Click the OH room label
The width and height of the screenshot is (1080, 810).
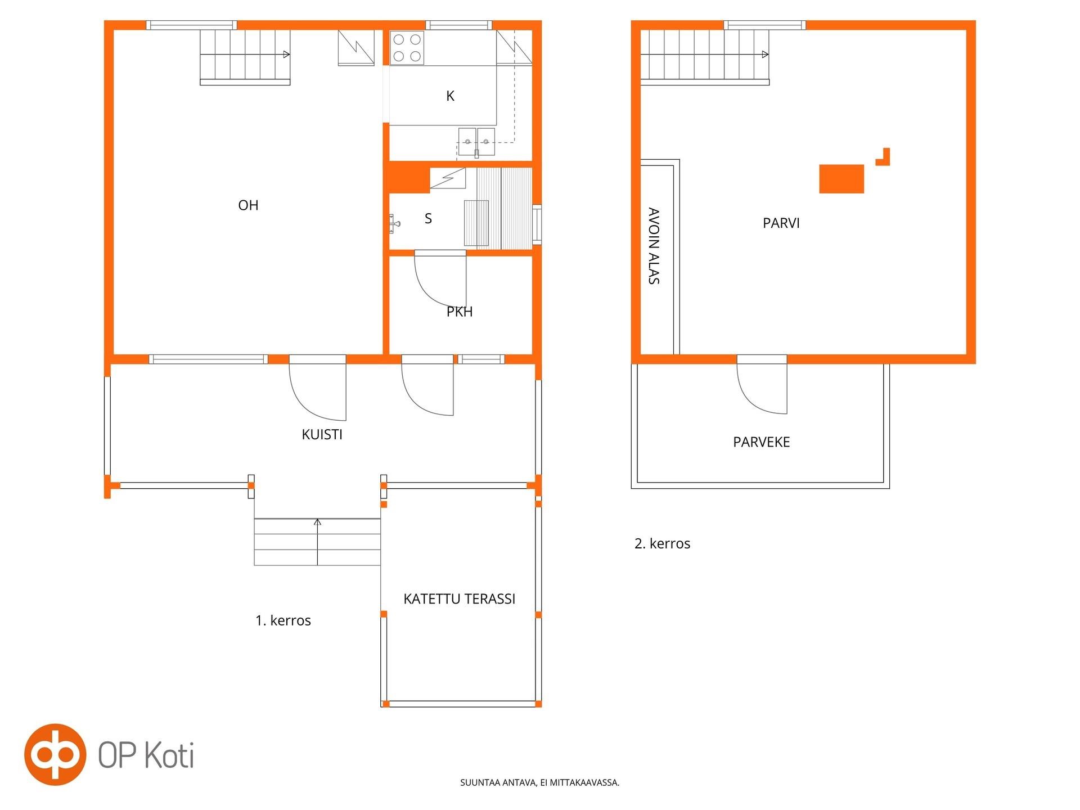(248, 205)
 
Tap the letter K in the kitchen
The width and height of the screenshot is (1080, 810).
(450, 96)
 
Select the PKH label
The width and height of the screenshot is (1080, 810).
(460, 312)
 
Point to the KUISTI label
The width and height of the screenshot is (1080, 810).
(322, 434)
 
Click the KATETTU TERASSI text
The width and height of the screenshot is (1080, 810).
(459, 599)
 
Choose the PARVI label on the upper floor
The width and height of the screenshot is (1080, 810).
(781, 223)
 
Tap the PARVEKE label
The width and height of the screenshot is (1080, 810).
(761, 442)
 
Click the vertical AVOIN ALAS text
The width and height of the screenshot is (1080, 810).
(654, 246)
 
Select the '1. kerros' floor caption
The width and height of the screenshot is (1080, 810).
(283, 620)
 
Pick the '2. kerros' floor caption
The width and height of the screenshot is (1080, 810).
(662, 543)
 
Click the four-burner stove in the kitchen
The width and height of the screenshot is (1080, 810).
(407, 48)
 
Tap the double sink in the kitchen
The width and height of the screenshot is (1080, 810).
(476, 141)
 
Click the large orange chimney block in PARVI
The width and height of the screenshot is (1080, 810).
(841, 179)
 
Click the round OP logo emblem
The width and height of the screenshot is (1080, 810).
(55, 754)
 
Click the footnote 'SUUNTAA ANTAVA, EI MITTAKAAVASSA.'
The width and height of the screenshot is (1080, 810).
(539, 782)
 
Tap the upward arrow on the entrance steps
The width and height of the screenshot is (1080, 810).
(317, 542)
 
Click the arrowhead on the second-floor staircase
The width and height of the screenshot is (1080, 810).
(766, 55)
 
